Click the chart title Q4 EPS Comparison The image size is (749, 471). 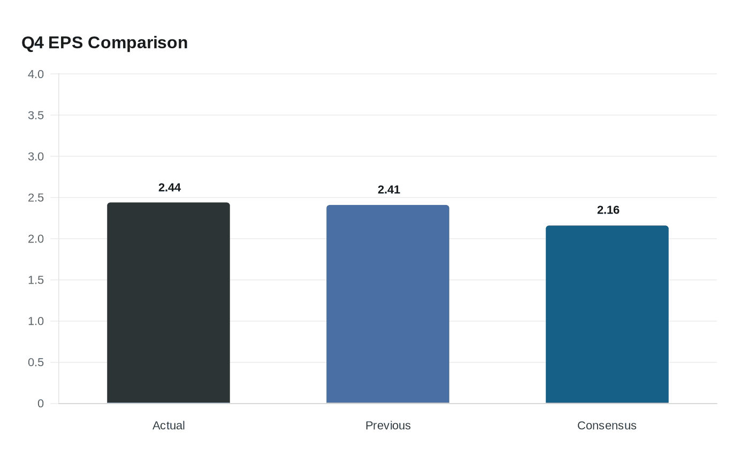pos(104,42)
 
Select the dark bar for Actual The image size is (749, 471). pos(169,303)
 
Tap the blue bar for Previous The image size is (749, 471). pos(388,304)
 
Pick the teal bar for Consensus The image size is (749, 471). pos(607,314)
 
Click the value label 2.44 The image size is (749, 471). pos(170,187)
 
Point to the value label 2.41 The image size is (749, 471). pos(389,189)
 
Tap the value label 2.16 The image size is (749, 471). pos(608,210)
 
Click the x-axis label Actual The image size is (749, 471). pos(169,426)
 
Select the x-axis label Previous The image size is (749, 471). pos(388,426)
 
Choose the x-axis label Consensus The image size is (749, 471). pos(607,426)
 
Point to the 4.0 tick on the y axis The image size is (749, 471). pos(36,74)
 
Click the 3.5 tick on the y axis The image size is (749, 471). pos(36,115)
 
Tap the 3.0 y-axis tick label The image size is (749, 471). pos(36,156)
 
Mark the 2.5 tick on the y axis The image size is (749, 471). pos(36,197)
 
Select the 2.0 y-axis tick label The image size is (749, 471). pos(36,239)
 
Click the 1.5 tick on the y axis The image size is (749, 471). pos(36,280)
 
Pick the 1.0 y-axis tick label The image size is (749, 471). pos(36,321)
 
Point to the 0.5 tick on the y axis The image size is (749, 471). pos(36,362)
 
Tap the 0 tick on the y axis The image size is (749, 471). pos(41,404)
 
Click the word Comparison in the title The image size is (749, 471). pos(137,42)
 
